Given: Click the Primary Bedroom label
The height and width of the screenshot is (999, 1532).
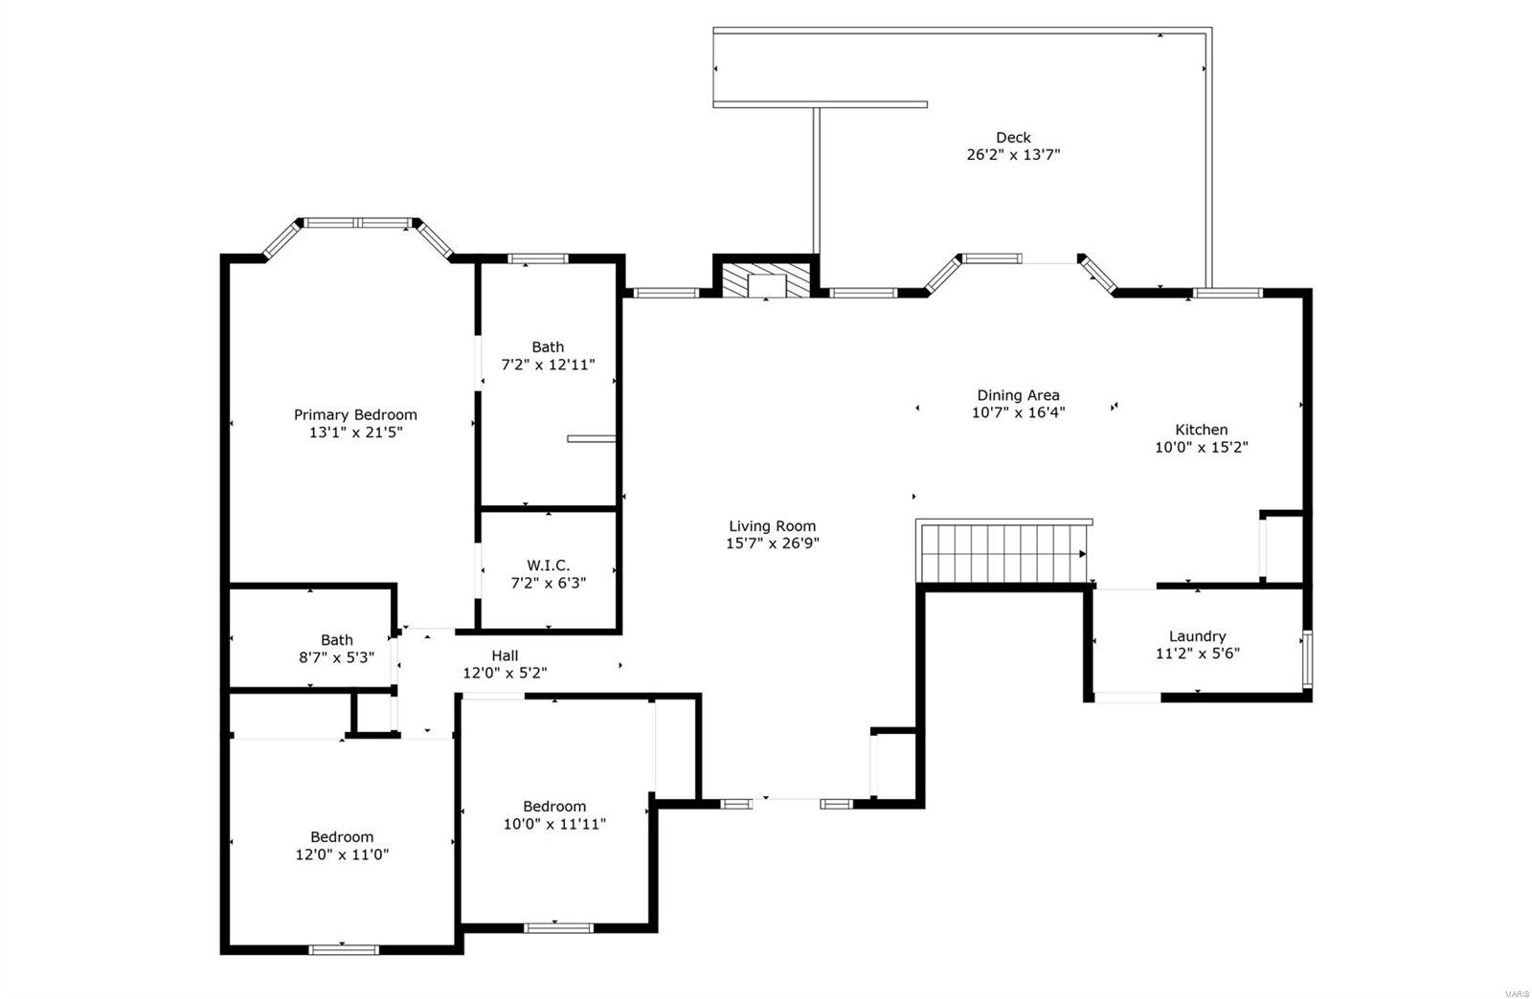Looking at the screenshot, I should [x=355, y=414].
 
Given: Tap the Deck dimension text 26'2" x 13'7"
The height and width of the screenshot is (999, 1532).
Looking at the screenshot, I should [x=1013, y=154].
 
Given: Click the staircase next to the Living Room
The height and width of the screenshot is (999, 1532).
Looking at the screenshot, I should [x=1002, y=552].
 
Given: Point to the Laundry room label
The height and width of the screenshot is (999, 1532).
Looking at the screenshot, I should [x=1197, y=636].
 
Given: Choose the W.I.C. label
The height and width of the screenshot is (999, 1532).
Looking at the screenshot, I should [x=548, y=566].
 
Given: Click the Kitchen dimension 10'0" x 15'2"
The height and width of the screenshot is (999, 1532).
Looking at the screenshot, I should [x=1201, y=447].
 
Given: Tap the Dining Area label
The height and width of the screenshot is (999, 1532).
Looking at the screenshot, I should [x=1018, y=395].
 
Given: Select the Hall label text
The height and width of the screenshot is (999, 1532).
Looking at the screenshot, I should [x=505, y=655].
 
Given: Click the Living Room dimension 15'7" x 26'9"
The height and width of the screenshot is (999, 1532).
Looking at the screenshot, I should [x=772, y=544].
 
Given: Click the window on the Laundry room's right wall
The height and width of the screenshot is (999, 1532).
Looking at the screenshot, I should [x=1307, y=658].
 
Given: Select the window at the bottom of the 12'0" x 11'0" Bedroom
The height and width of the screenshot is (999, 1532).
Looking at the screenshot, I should [x=344, y=949].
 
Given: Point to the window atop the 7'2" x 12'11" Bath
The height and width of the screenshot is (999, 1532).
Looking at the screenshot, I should [x=537, y=258].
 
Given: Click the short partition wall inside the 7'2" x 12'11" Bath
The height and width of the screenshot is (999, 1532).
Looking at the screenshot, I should [x=591, y=438].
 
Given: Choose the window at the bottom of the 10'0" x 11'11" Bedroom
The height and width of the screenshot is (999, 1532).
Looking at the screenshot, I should [x=558, y=926].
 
